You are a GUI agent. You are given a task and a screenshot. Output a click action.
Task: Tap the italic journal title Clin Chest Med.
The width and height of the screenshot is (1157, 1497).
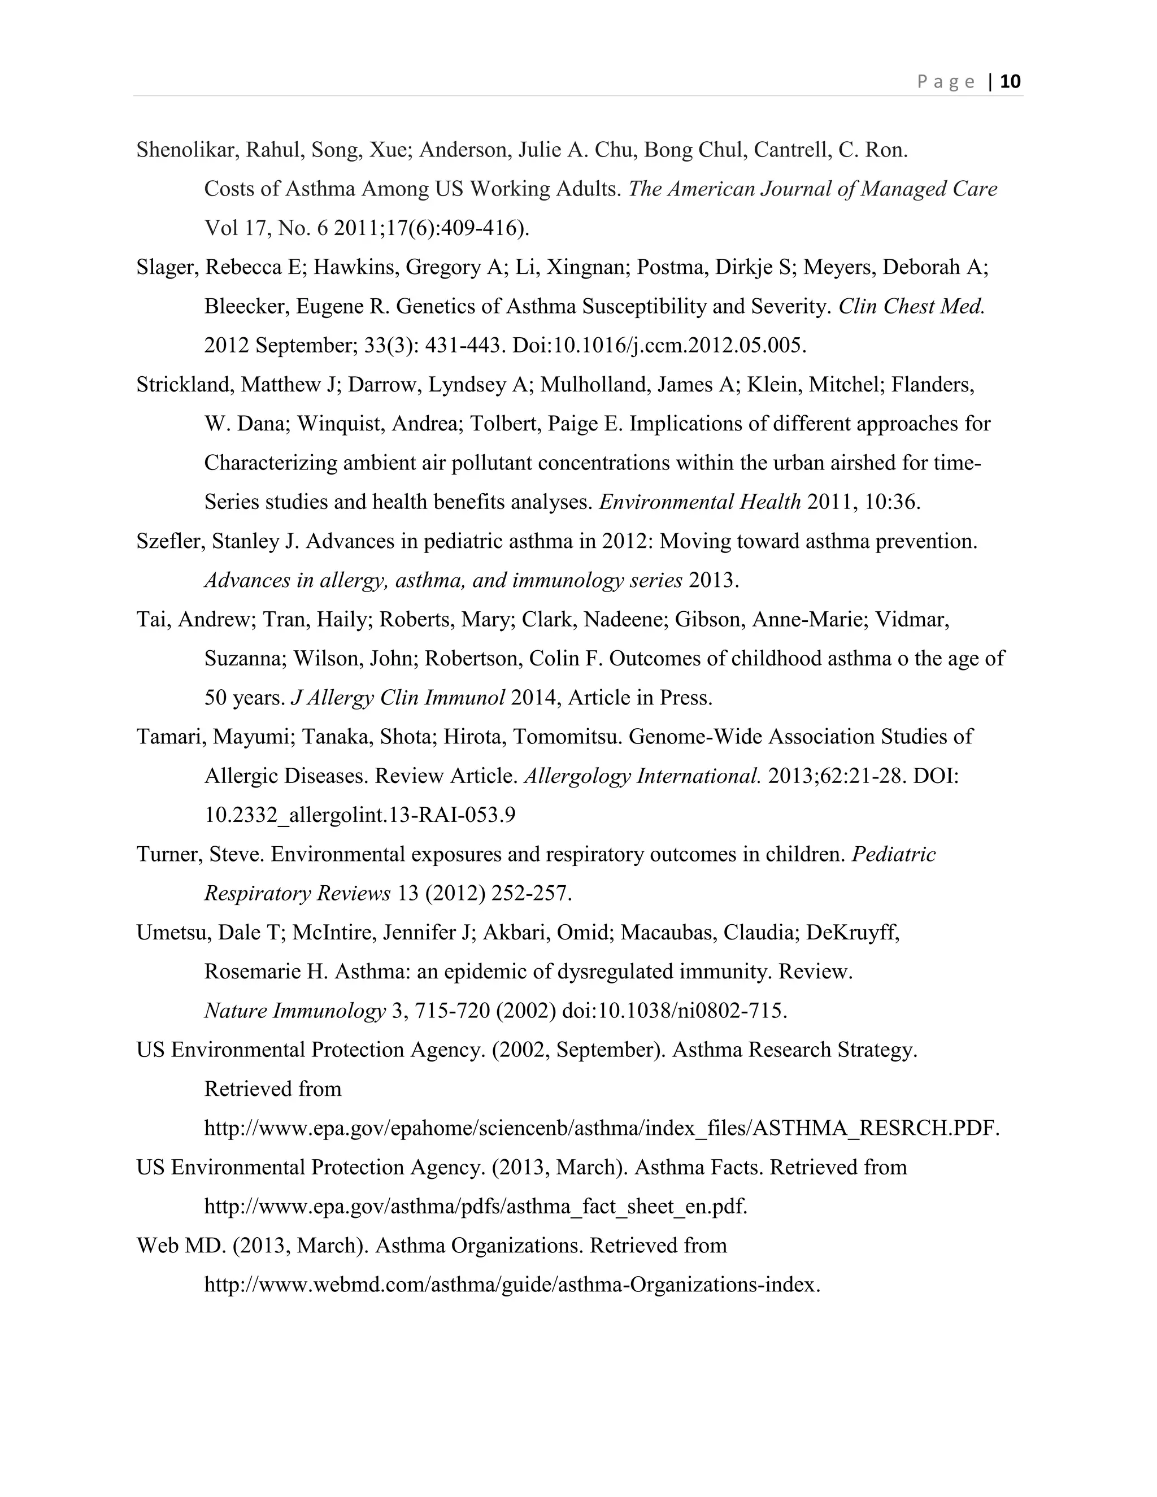click(x=911, y=306)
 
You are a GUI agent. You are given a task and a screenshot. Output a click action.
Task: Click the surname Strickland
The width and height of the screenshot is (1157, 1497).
click(x=186, y=385)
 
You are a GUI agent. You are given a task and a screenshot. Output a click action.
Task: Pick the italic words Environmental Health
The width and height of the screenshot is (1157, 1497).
click(x=700, y=502)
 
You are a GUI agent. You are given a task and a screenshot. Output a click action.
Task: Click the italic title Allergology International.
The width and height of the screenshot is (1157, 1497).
click(x=642, y=776)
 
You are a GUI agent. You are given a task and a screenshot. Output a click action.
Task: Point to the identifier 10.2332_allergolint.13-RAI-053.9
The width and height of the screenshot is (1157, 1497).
click(x=360, y=815)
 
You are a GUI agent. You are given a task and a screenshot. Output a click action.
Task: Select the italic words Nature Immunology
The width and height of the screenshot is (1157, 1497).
click(x=295, y=1011)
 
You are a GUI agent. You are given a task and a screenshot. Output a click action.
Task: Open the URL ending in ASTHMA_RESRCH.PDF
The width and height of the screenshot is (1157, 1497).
click(x=602, y=1128)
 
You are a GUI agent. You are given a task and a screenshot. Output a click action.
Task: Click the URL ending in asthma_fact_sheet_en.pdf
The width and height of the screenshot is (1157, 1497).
click(x=475, y=1207)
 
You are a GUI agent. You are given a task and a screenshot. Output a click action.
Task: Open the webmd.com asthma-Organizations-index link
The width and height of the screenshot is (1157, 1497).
click(x=512, y=1285)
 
